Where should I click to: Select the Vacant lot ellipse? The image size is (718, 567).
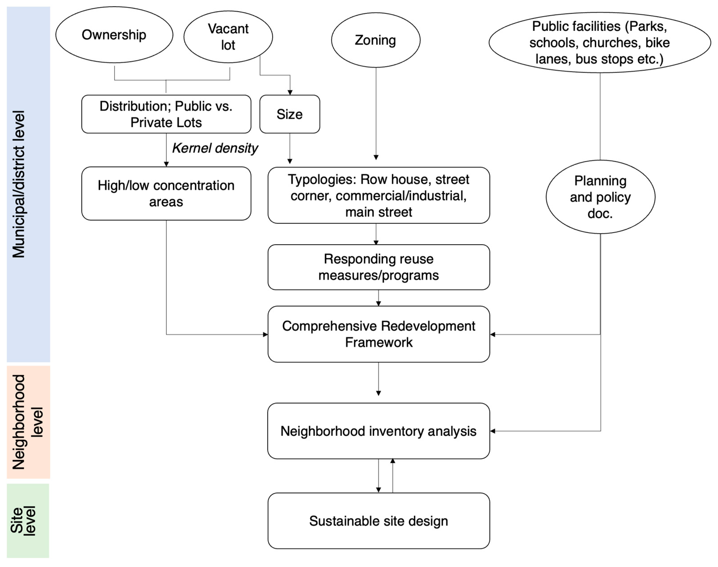[228, 36]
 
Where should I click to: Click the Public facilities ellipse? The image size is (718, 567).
[600, 42]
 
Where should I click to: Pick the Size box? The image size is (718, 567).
[289, 114]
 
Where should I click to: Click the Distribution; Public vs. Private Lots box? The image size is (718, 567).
[166, 114]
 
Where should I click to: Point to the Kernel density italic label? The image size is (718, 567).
[215, 148]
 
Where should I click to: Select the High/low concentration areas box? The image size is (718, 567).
[166, 194]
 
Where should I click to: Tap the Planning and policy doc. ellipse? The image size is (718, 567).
[600, 197]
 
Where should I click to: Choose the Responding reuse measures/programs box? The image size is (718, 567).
[378, 267]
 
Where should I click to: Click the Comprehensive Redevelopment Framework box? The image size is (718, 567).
[378, 334]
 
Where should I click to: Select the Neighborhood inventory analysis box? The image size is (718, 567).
[378, 431]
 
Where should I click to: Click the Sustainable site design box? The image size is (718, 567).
[378, 521]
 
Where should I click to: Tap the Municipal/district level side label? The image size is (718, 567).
[19, 184]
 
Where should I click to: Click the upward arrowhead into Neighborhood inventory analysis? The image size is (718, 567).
[393, 461]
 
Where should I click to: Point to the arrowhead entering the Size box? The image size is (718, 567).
[290, 93]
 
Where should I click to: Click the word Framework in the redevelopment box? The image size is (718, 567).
[378, 342]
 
